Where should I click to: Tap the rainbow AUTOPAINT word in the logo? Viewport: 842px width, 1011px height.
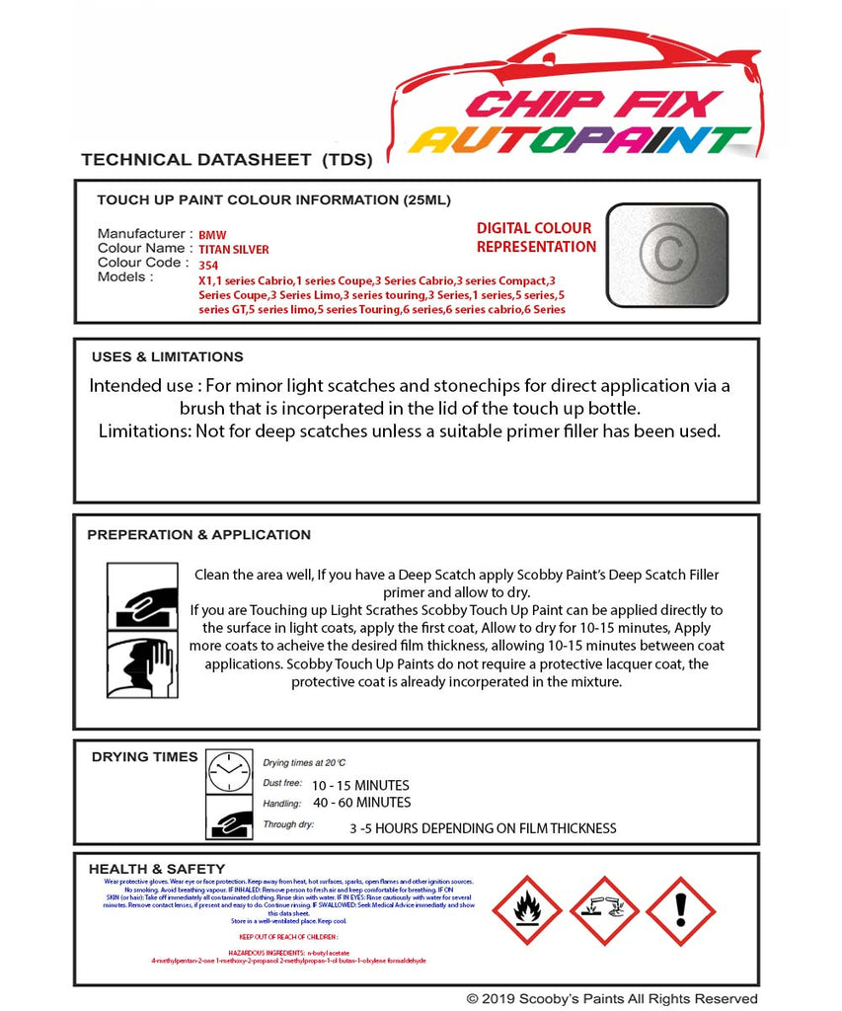tap(579, 140)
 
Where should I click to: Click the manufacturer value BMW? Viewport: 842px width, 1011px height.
tap(212, 236)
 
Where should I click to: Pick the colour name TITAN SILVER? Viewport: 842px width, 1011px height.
tap(234, 250)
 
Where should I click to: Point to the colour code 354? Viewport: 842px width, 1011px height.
tap(208, 265)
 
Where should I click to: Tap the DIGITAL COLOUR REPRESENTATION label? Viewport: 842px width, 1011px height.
tap(536, 238)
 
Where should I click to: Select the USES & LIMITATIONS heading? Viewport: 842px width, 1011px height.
tap(167, 356)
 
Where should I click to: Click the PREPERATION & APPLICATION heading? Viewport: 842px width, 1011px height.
tap(198, 534)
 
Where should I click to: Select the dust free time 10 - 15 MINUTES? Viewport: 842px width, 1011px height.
tap(360, 785)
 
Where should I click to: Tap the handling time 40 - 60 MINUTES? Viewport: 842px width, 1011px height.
tap(361, 803)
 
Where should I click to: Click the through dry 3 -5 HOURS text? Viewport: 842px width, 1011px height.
tap(483, 828)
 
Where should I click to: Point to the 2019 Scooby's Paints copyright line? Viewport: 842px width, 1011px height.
tap(612, 999)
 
